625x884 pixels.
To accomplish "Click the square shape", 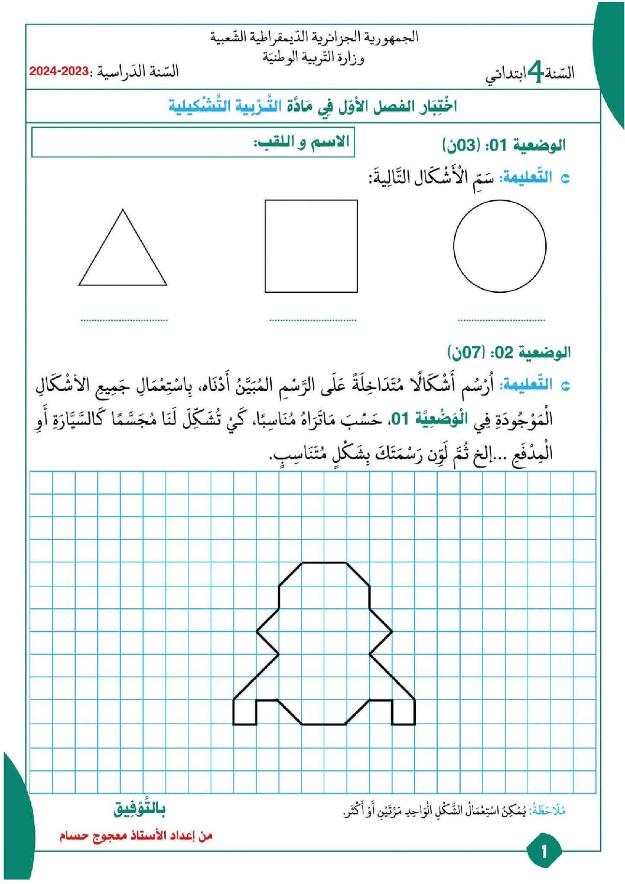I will [311, 246].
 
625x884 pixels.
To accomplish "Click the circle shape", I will [500, 246].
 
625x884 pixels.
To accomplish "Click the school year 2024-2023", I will [59, 71].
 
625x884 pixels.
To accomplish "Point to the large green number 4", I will [535, 73].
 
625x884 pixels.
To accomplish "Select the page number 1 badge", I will [543, 851].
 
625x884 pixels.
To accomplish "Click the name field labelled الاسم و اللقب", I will [193, 143].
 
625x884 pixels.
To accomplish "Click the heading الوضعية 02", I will [509, 353].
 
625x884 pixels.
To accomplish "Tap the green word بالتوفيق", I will [139, 809].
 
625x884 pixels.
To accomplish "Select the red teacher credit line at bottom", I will [136, 836].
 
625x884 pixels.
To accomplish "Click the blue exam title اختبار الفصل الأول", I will [313, 106].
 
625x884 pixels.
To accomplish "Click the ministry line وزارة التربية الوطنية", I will [313, 57].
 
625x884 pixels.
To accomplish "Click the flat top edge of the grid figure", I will [324, 563].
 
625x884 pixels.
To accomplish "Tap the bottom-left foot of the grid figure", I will [245, 712].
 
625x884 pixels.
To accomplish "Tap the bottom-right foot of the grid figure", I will [403, 712].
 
